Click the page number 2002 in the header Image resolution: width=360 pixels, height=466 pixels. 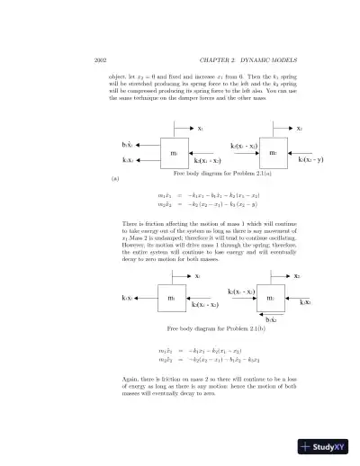pyautogui.click(x=101, y=59)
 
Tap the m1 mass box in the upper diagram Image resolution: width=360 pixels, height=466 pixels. pyautogui.click(x=173, y=153)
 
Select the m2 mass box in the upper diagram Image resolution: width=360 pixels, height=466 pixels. pyautogui.click(x=273, y=153)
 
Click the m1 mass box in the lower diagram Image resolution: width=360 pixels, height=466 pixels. pyautogui.click(x=171, y=297)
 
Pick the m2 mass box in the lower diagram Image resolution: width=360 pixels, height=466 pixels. pyautogui.click(x=271, y=297)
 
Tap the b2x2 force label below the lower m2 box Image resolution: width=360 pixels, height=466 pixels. pyautogui.click(x=271, y=318)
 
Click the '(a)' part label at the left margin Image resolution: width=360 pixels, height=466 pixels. pyautogui.click(x=114, y=180)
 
